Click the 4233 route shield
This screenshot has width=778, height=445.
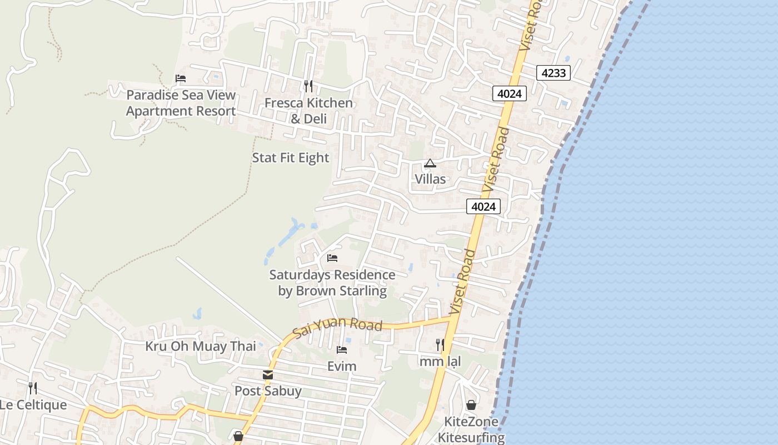pos(553,72)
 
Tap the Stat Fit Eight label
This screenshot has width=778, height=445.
pos(291,158)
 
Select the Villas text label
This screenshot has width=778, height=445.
pos(430,179)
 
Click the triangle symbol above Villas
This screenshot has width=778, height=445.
pos(430,164)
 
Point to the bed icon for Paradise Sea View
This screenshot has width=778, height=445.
pos(181,78)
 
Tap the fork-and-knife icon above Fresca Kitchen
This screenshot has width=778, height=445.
pos(308,86)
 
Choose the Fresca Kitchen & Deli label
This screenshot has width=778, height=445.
pos(308,111)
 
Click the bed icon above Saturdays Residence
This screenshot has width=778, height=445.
pos(332,258)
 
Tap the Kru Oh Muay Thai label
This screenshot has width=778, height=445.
pos(201,347)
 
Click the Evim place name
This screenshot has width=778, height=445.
pos(342,367)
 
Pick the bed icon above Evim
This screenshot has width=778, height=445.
pos(342,350)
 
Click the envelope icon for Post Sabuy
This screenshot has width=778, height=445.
pos(268,375)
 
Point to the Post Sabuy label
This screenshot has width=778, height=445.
pos(268,391)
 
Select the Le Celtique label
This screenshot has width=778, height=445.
pos(33,405)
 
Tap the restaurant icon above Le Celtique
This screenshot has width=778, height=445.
pos(33,388)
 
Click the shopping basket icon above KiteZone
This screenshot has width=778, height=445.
pos(471,405)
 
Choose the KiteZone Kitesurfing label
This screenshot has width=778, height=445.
pos(471,429)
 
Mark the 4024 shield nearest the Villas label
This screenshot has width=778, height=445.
pos(483,207)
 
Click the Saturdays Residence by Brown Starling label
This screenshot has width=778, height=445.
pos(332,283)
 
